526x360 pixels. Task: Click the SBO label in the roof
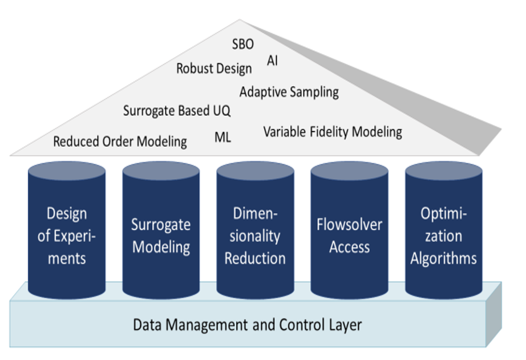pyautogui.click(x=243, y=44)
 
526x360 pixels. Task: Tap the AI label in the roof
pyautogui.click(x=272, y=60)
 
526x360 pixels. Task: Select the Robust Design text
pyautogui.click(x=214, y=69)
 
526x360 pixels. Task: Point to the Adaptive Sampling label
pyautogui.click(x=289, y=92)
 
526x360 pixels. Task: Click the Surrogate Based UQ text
pyautogui.click(x=177, y=111)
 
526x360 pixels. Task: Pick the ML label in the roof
pyautogui.click(x=222, y=137)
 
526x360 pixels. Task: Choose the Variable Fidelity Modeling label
pyautogui.click(x=333, y=132)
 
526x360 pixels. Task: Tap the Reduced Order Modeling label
pyautogui.click(x=120, y=141)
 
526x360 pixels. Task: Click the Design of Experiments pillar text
pyautogui.click(x=67, y=236)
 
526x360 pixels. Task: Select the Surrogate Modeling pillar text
pyautogui.click(x=161, y=236)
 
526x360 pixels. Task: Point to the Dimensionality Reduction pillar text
pyautogui.click(x=255, y=236)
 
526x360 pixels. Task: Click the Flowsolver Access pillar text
pyautogui.click(x=350, y=236)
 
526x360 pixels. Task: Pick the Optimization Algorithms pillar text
pyautogui.click(x=443, y=236)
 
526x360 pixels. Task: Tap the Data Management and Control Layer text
pyautogui.click(x=248, y=325)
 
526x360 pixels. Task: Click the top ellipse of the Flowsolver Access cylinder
pyautogui.click(x=350, y=171)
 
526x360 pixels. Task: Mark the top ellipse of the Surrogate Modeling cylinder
pyautogui.click(x=161, y=171)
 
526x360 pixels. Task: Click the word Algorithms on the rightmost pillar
pyautogui.click(x=443, y=258)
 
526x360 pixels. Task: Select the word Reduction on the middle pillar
pyautogui.click(x=255, y=258)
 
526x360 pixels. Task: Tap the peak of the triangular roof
pyautogui.click(x=240, y=20)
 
